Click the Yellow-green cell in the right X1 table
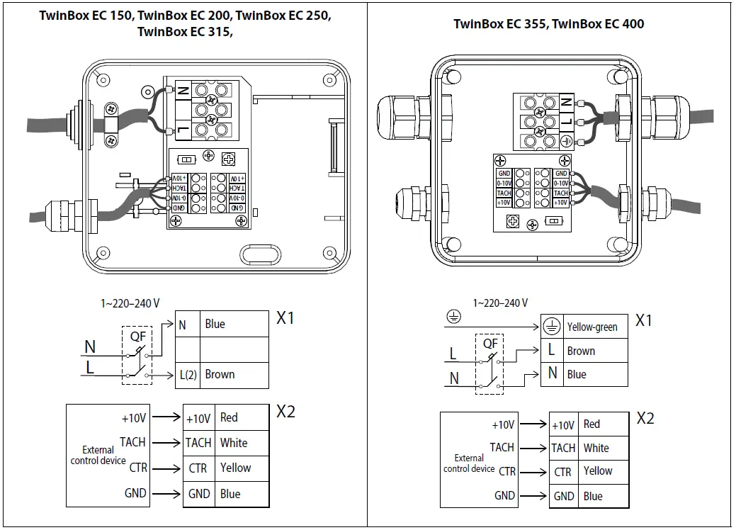pyautogui.click(x=595, y=327)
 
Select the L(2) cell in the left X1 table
pyautogui.click(x=187, y=375)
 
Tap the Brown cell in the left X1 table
pyautogui.click(x=234, y=375)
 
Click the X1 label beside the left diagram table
pyautogui.click(x=285, y=318)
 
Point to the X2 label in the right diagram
pyautogui.click(x=645, y=418)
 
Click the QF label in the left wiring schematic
pyautogui.click(x=137, y=337)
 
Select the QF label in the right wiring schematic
pyautogui.click(x=490, y=344)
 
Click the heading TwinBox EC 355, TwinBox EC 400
pyautogui.click(x=548, y=24)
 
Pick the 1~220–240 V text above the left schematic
pyautogui.click(x=130, y=303)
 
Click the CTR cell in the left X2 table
pyautogui.click(x=198, y=468)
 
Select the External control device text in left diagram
pyautogui.click(x=98, y=455)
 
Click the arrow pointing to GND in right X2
pyautogui.click(x=533, y=496)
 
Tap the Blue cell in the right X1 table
pyautogui.click(x=595, y=374)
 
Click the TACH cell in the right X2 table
pyautogui.click(x=563, y=448)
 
